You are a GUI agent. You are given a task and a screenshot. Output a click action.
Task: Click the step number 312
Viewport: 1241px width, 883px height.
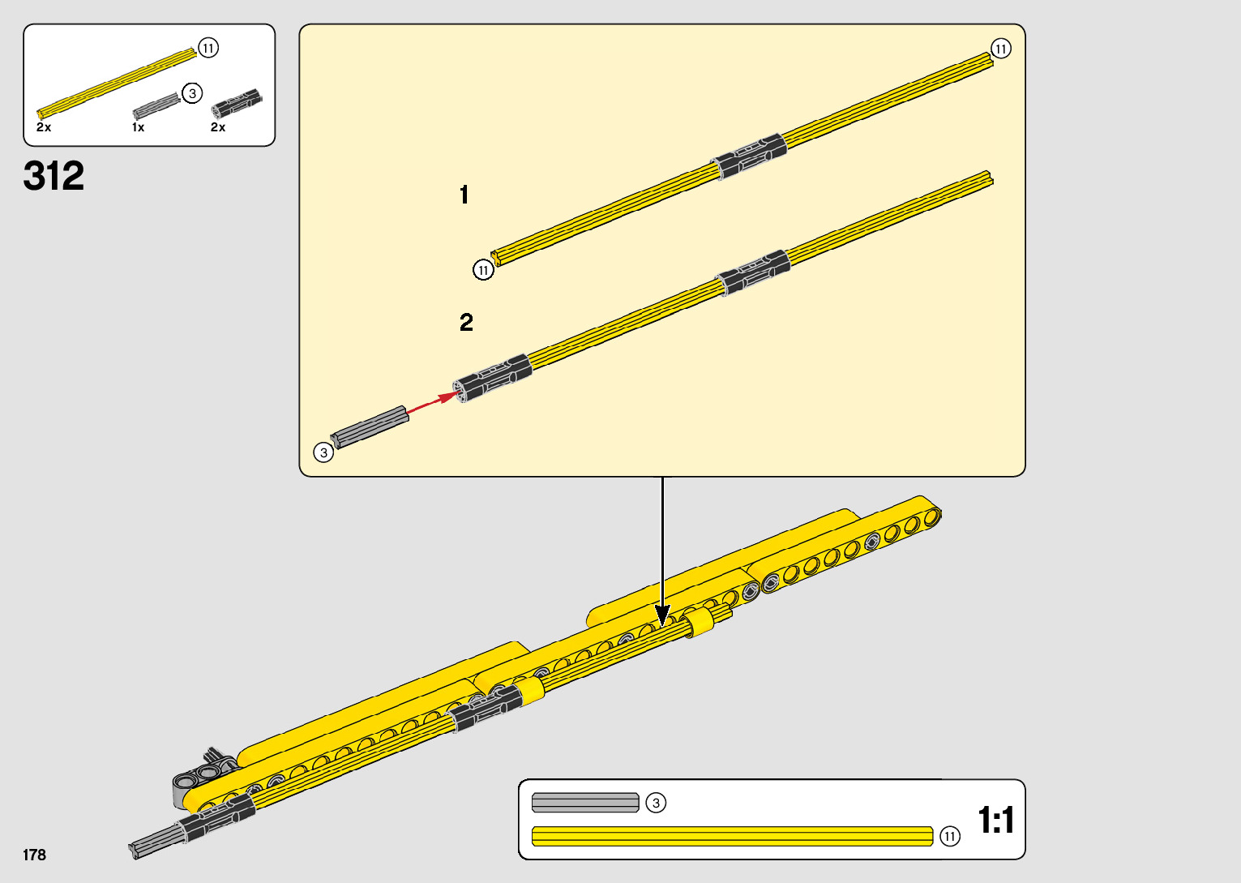click(53, 176)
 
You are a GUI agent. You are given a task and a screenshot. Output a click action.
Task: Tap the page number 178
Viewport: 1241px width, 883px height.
click(34, 855)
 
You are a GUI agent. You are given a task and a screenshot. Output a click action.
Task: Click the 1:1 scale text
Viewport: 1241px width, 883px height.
click(995, 820)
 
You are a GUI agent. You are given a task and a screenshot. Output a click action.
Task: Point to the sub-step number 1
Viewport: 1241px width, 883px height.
click(464, 195)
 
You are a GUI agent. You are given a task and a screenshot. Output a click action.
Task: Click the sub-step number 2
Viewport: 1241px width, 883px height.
click(466, 323)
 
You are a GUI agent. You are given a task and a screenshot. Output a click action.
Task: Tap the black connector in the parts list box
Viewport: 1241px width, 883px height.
click(236, 103)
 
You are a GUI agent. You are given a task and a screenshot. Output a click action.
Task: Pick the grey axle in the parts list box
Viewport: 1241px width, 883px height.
click(156, 105)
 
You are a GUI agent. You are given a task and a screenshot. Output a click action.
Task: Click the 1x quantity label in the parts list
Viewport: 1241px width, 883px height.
click(139, 127)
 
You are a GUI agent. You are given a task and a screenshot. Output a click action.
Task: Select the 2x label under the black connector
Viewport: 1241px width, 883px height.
click(218, 127)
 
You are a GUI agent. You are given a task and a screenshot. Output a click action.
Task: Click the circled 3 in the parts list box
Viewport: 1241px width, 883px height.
click(192, 93)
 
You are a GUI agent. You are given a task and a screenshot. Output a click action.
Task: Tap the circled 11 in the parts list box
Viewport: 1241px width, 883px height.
click(208, 48)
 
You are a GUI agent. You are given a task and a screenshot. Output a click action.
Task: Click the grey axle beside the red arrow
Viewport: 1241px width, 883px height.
click(369, 426)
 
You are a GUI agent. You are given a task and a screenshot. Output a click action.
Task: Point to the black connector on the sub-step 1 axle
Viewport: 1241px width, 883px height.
click(749, 155)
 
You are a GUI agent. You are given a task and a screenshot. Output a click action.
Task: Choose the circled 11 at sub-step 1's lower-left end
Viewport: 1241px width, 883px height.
click(483, 270)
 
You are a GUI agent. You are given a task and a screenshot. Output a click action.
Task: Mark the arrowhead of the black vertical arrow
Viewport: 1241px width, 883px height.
click(662, 615)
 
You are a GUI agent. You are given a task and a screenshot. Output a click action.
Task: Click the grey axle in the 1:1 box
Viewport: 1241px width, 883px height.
click(585, 803)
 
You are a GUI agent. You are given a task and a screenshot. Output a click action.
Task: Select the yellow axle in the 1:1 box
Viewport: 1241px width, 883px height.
click(732, 836)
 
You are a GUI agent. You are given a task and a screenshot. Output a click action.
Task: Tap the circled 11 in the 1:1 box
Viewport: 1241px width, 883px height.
click(950, 836)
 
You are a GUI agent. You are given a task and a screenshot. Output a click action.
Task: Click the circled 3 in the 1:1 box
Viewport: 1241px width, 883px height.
click(656, 803)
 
